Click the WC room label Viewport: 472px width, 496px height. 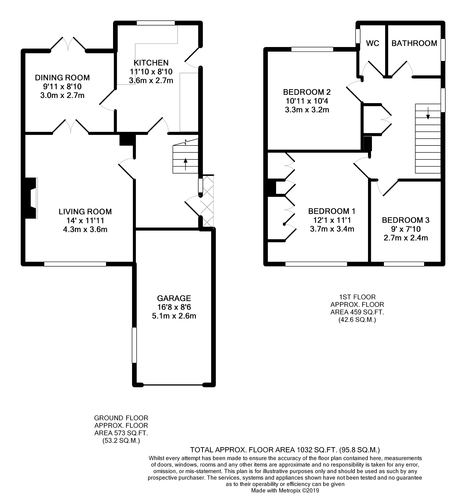372,43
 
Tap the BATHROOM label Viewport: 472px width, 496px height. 414,43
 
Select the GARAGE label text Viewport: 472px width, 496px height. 174,298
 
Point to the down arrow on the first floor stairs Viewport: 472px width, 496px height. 428,113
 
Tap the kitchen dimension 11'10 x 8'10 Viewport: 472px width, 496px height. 151,72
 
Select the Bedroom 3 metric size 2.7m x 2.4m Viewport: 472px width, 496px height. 406,238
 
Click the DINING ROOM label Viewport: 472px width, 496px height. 62,78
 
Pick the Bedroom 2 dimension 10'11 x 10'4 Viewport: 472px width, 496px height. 307,101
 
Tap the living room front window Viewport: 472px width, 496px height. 75,264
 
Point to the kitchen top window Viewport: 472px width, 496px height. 156,23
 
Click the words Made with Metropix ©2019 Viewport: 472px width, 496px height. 285,490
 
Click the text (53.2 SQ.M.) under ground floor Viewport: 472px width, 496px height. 121,441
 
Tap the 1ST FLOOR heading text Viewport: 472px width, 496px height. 357,297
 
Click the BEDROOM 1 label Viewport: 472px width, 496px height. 332,211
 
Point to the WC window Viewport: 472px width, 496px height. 357,36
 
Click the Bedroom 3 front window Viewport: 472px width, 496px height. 404,264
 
